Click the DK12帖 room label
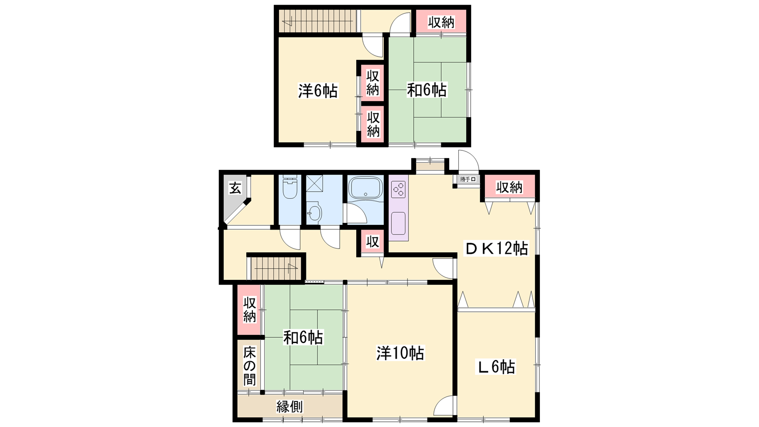click(x=496, y=249)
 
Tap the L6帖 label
click(x=496, y=367)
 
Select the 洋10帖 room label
click(x=400, y=353)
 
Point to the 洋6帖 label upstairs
click(x=318, y=91)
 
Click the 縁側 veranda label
click(x=290, y=407)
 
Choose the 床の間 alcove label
click(x=250, y=366)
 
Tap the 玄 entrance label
click(x=235, y=188)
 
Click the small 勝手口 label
click(x=468, y=179)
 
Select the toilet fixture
click(x=290, y=187)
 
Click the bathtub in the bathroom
click(x=366, y=188)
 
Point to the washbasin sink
click(x=315, y=211)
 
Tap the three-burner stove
click(x=398, y=189)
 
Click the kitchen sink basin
click(x=398, y=223)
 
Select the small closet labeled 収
click(x=372, y=241)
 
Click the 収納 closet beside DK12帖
click(x=509, y=187)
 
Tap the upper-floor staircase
click(x=318, y=21)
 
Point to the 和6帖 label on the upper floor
click(x=427, y=90)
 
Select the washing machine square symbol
click(x=315, y=183)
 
